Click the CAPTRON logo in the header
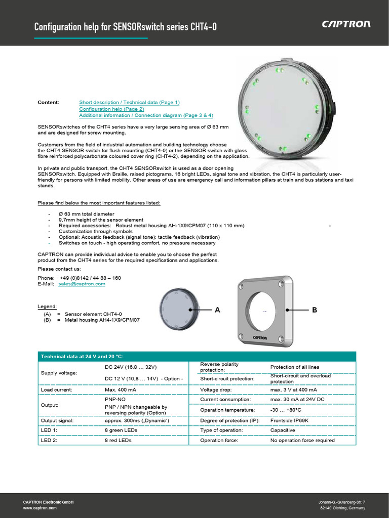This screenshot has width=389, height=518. point(346,24)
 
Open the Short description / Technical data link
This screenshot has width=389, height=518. point(129,102)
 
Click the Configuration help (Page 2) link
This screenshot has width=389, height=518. point(111,109)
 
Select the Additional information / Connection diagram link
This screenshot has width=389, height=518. point(146,115)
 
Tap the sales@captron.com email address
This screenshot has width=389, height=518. point(82,284)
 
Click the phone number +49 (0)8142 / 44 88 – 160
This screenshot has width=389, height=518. point(90,278)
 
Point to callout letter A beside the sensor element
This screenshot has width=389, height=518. point(217,310)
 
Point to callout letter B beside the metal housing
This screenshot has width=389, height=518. point(314,310)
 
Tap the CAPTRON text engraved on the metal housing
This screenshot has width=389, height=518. point(264,336)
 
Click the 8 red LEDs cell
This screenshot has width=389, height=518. point(118,440)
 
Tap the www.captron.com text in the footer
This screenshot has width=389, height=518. point(40,507)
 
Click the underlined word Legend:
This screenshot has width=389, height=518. point(47,307)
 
